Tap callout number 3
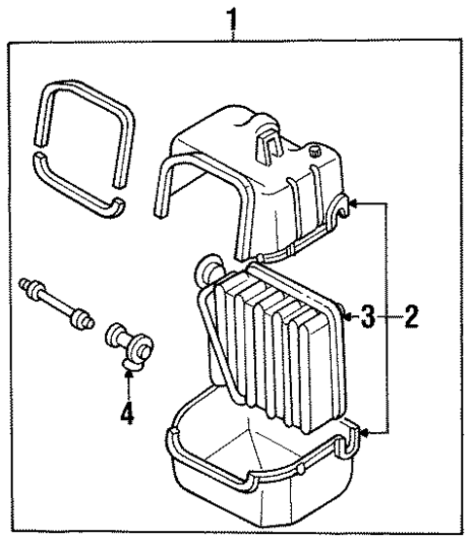point(368,316)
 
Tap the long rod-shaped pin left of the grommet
point(54,299)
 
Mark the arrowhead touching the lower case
point(363,429)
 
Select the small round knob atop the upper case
point(314,151)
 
